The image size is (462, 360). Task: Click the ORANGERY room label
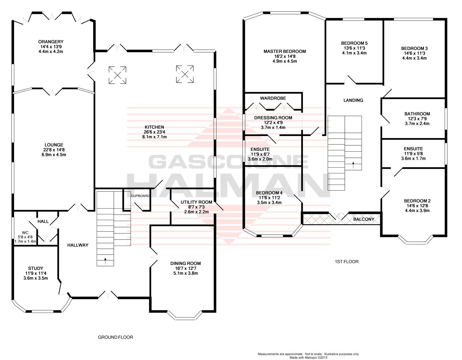pos(51,42)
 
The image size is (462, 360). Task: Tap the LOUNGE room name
pos(54,145)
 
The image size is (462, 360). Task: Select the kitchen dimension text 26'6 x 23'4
pos(154,132)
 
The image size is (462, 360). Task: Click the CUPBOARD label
pos(140,196)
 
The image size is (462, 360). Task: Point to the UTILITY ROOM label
pos(196,202)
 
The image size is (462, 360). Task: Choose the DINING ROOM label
pos(186,263)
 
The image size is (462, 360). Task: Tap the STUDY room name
pos(36,268)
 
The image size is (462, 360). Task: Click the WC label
pos(25,233)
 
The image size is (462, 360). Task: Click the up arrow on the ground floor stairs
pos(105,261)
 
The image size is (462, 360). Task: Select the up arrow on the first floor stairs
pos(353,165)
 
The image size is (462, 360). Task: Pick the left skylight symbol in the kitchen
pos(118,75)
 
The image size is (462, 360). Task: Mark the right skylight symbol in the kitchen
pos(185,74)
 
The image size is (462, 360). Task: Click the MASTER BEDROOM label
pos(285,51)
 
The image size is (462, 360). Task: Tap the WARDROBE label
pos(273,98)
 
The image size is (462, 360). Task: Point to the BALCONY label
pos(364,219)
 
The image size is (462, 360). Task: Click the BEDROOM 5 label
pos(354,43)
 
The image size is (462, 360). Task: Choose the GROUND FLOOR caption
pos(115,337)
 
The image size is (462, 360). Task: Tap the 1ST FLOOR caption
pos(347,261)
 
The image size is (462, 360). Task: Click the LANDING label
pos(353,100)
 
